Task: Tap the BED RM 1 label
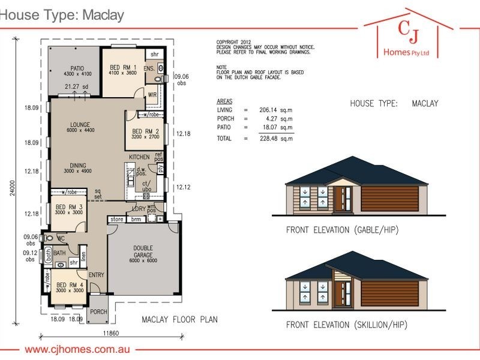tap(124, 67)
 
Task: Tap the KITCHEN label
tap(139, 157)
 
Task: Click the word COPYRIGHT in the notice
tap(228, 42)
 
